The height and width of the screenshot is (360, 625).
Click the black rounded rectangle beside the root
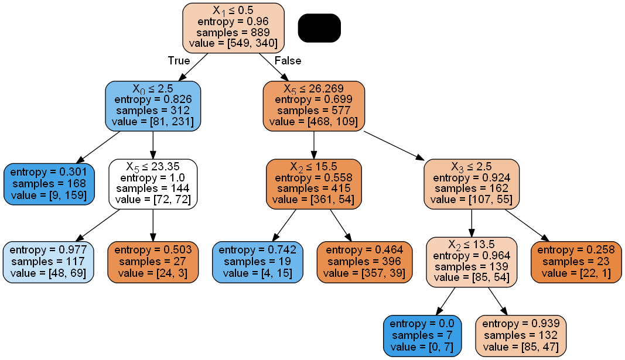click(x=319, y=28)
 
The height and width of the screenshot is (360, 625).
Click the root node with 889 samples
click(x=233, y=28)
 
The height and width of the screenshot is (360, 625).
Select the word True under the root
click(x=179, y=61)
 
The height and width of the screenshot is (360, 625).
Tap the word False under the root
click(x=288, y=61)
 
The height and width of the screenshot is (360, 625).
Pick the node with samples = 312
click(x=153, y=105)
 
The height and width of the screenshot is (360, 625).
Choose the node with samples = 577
click(x=314, y=105)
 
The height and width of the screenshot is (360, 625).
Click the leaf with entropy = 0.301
click(x=49, y=184)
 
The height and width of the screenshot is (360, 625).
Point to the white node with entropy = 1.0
click(x=153, y=184)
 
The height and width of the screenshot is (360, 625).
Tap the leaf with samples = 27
click(x=153, y=262)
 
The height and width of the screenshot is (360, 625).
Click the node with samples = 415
click(x=314, y=184)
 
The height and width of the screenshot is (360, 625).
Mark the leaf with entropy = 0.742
click(x=258, y=262)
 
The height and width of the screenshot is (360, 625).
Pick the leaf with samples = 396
click(x=363, y=262)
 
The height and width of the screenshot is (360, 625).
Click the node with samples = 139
click(x=472, y=262)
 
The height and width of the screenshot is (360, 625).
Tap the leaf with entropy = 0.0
click(x=422, y=335)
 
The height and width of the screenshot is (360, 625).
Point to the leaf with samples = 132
click(x=521, y=335)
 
